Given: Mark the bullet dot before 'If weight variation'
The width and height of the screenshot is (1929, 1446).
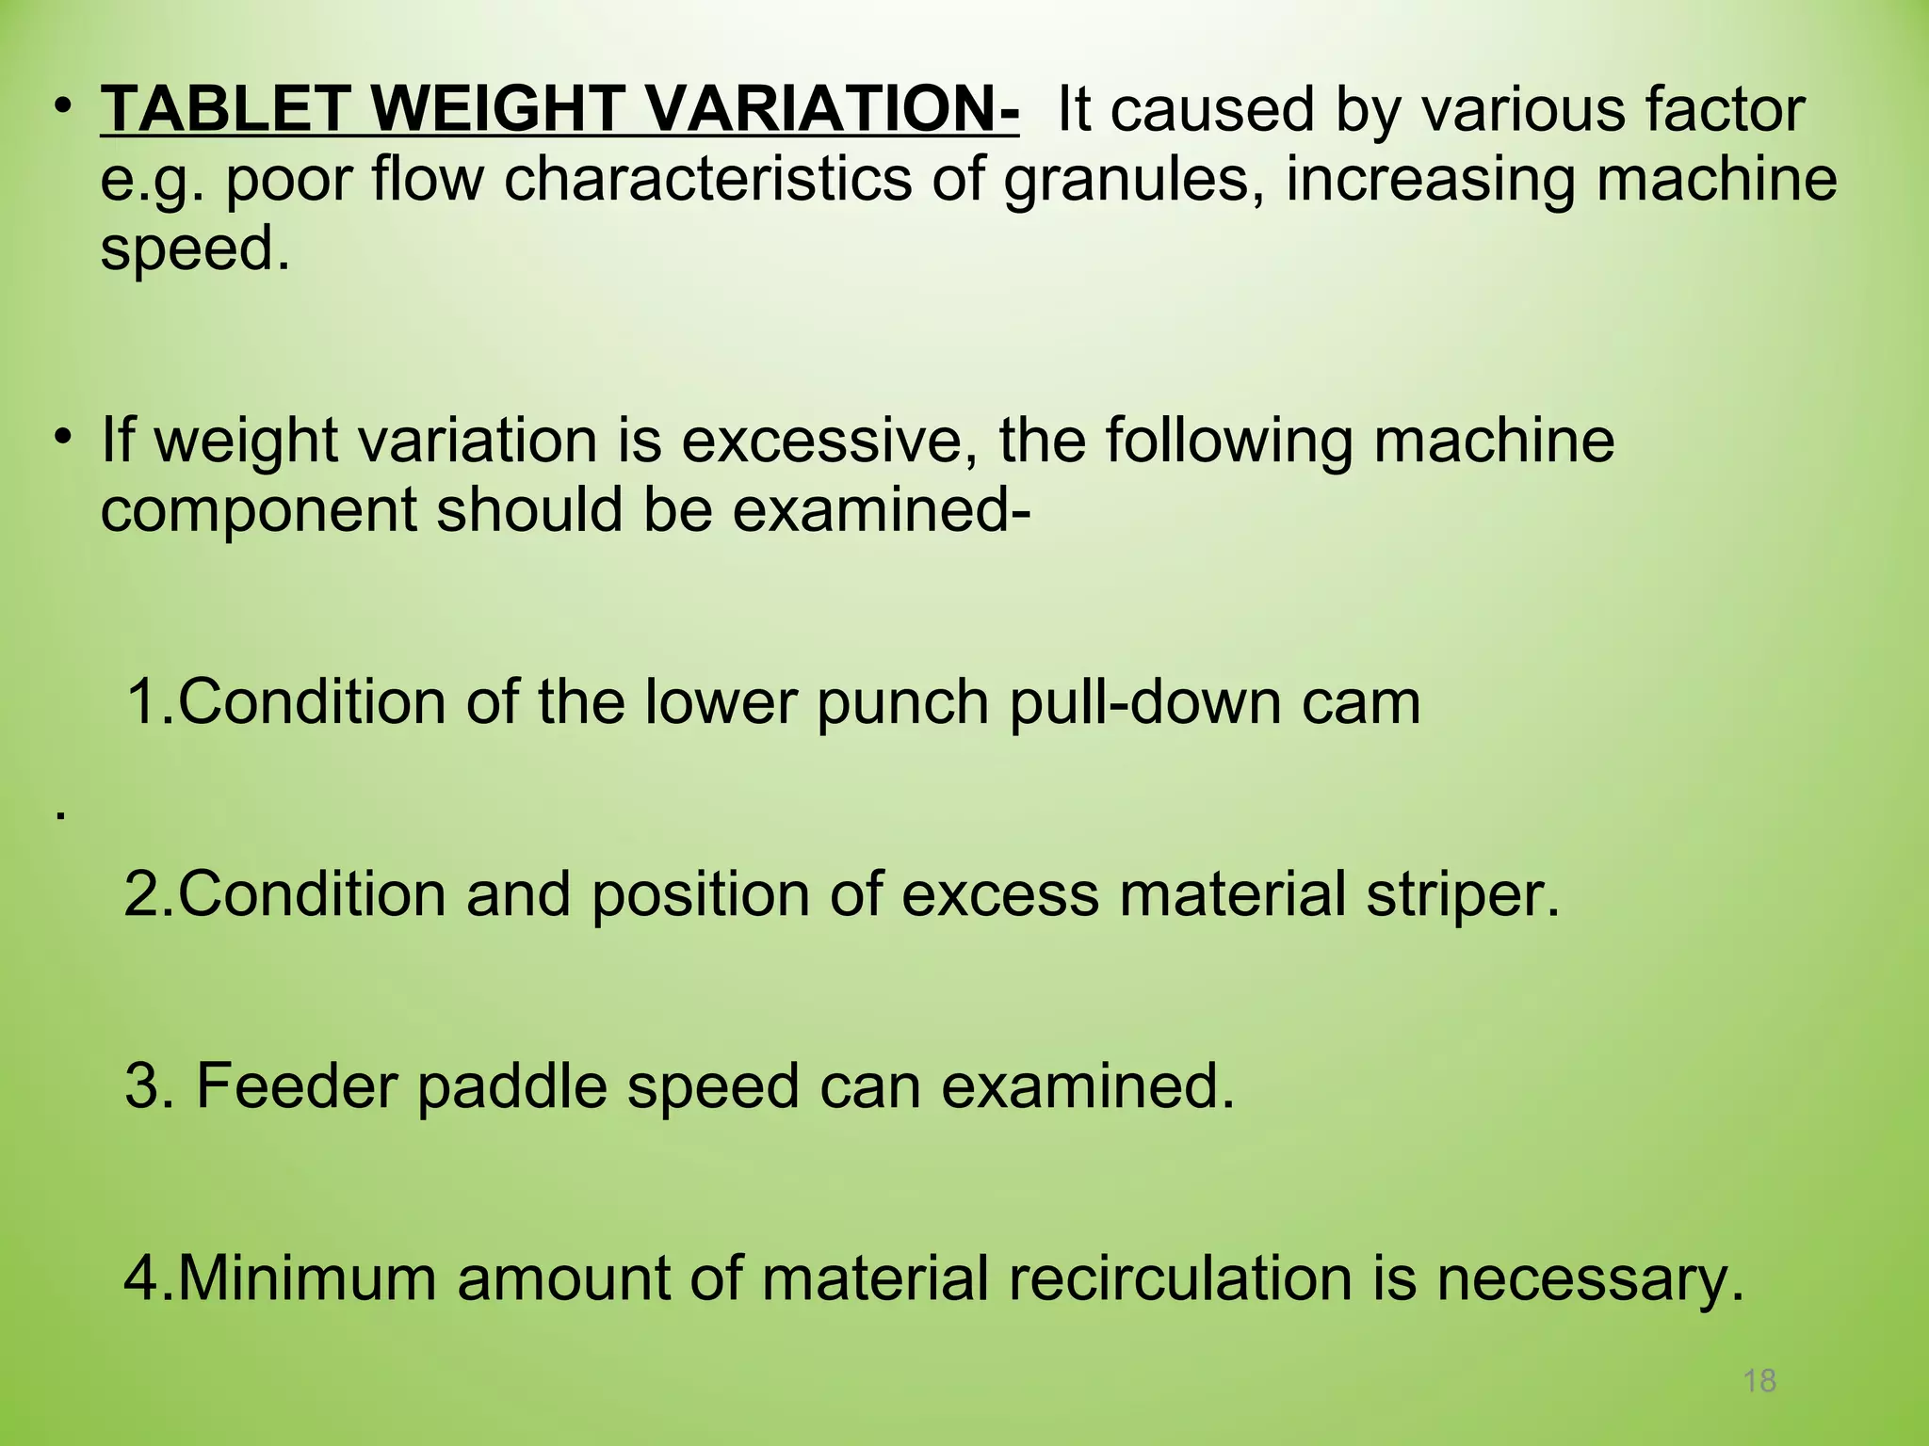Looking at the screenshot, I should point(62,438).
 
